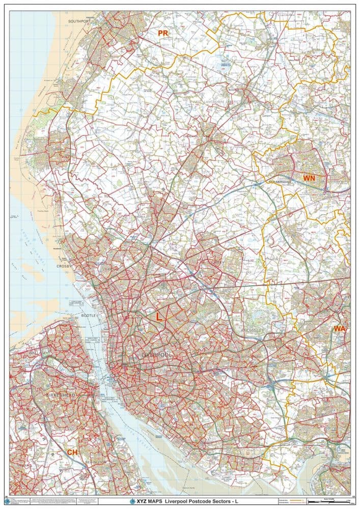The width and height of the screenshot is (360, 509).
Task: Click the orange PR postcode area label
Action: (x=163, y=33)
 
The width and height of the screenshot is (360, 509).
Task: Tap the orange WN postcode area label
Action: (x=309, y=178)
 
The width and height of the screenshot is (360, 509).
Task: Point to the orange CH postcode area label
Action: (x=72, y=451)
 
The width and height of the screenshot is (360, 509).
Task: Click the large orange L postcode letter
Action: (x=159, y=316)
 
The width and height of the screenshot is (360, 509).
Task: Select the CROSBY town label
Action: (x=67, y=266)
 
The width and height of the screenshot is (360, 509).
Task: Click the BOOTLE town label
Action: (x=89, y=316)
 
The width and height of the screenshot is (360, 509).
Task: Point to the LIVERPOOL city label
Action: (x=154, y=353)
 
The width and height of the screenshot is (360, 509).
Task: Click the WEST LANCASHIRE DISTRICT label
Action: (x=224, y=102)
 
